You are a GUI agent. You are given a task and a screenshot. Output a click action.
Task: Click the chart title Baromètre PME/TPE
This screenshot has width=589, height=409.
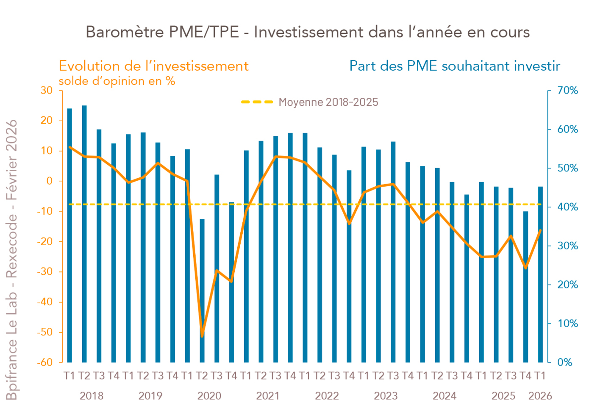[x=307, y=32]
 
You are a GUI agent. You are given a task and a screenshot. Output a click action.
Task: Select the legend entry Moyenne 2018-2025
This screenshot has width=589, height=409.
[x=328, y=102]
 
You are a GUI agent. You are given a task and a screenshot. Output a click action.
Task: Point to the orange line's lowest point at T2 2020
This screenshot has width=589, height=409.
[x=202, y=336]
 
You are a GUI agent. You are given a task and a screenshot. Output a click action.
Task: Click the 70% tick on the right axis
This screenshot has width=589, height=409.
[x=567, y=91]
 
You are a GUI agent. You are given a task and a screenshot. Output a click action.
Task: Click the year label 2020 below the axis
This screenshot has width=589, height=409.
[x=209, y=396]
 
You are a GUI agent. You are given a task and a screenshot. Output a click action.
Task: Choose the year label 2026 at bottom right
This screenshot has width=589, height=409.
[x=540, y=396]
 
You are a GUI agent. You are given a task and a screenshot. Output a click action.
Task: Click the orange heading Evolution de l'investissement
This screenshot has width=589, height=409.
[x=153, y=66]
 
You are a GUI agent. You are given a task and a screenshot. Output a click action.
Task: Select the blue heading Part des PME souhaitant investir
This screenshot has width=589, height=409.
[x=455, y=66]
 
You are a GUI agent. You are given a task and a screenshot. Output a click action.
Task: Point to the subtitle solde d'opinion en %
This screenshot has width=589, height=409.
[x=117, y=81]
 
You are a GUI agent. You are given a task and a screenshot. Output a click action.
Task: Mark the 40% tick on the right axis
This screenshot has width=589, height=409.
[x=567, y=207]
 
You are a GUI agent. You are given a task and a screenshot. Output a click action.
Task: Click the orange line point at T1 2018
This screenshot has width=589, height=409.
[x=70, y=147]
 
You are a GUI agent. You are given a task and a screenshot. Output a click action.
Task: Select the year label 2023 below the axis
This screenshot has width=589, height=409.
[x=386, y=396]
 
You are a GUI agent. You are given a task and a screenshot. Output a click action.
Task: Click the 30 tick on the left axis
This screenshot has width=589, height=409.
[x=47, y=91]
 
